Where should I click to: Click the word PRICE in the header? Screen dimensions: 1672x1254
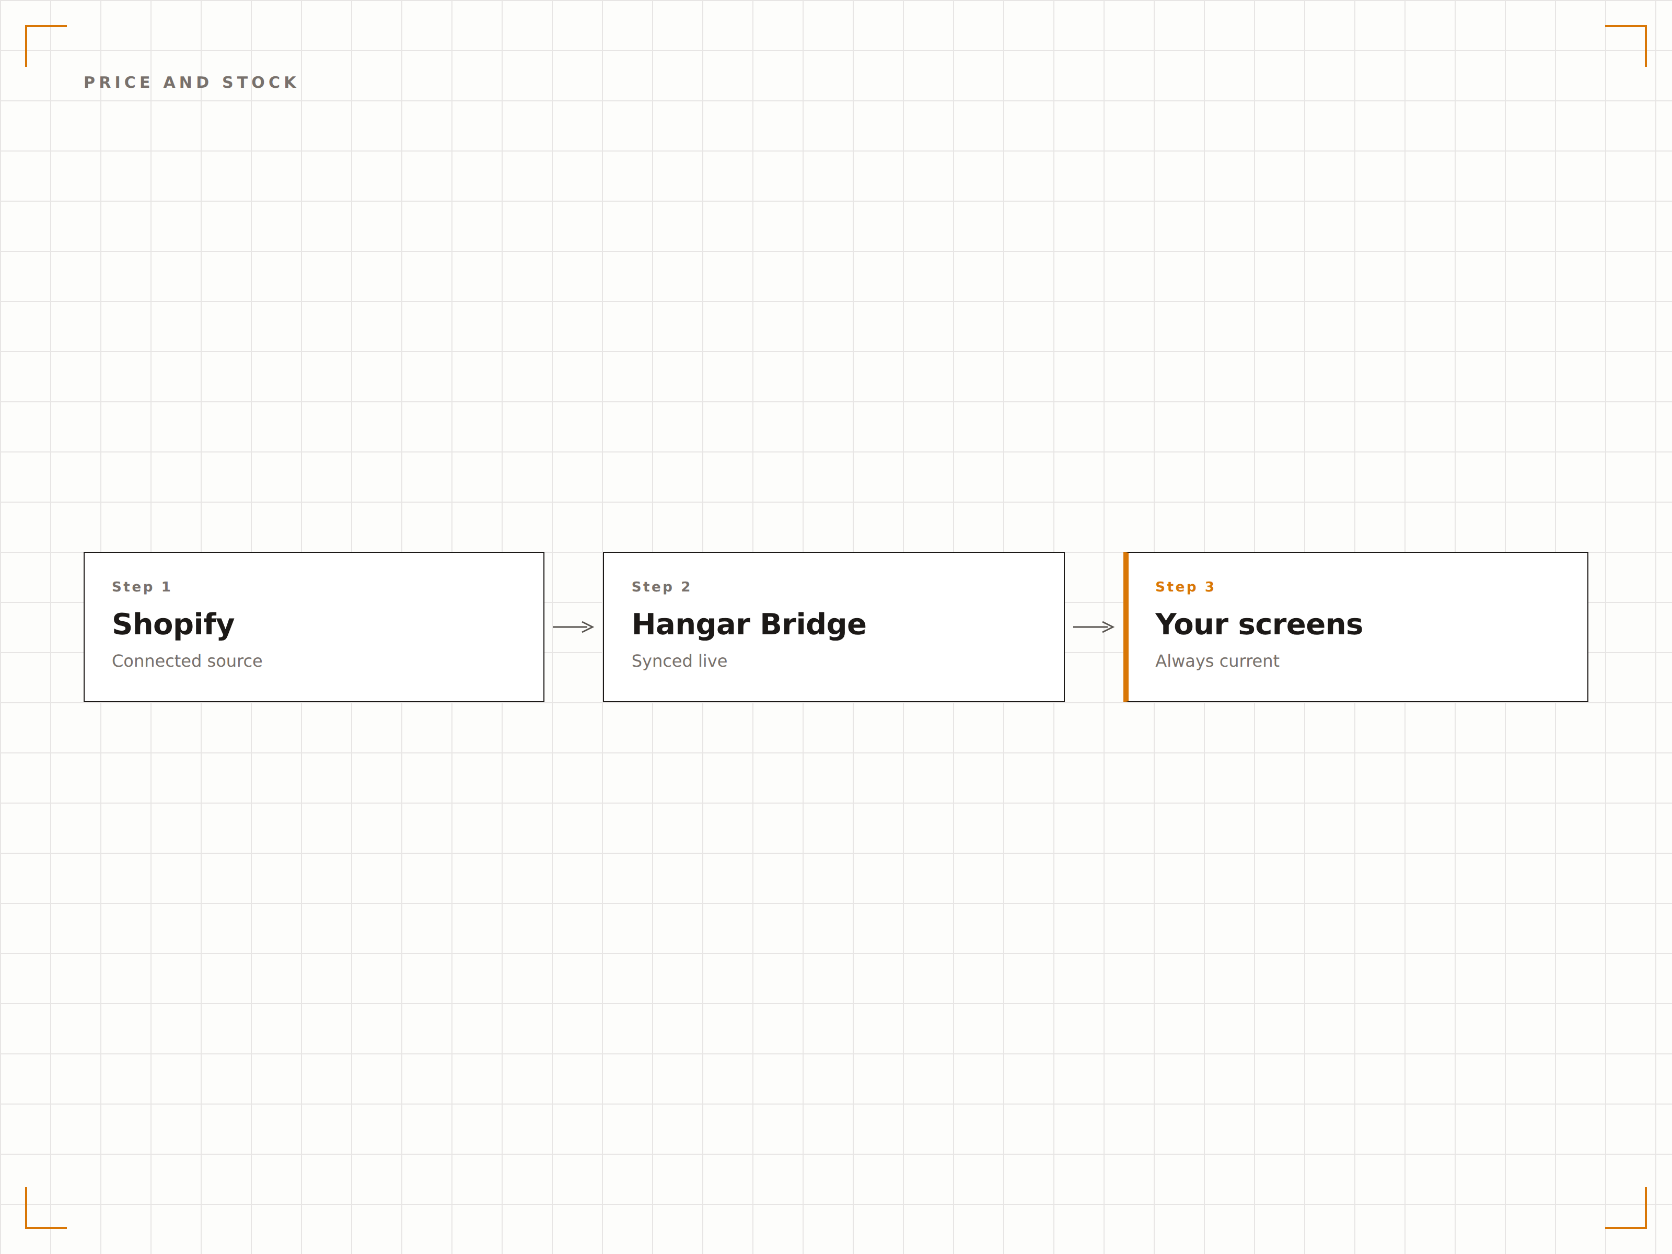[117, 83]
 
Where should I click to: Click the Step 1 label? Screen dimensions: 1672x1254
[142, 587]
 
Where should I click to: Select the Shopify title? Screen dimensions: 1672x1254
[173, 625]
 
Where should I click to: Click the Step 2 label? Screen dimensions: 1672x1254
[660, 587]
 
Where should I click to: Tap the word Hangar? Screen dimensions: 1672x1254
[691, 625]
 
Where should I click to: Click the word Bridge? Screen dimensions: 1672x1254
[814, 625]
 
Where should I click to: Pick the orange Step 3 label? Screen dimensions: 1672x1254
[1185, 587]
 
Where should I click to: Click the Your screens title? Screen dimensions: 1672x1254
[1259, 624]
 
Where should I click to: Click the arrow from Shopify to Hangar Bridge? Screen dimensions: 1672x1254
[573, 626]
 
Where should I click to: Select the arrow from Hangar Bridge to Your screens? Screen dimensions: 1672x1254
[1093, 626]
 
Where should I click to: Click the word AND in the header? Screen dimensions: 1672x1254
[187, 83]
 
